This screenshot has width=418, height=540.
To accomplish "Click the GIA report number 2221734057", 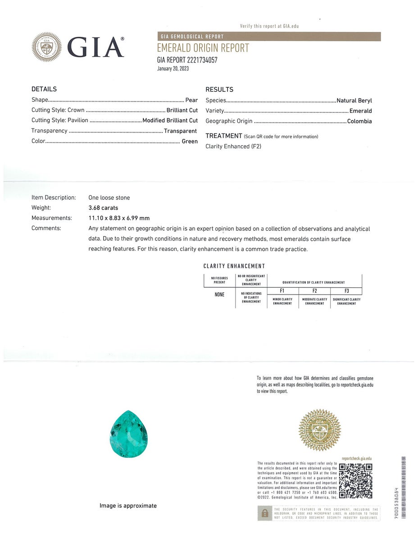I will pos(187,60).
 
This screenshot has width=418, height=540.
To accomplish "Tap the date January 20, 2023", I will pos(173,69).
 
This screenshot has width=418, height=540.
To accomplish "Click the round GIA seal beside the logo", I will pos(46,47).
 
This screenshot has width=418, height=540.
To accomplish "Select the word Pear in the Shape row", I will pos(191,100).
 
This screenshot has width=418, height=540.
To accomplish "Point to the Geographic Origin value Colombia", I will pos(359,121).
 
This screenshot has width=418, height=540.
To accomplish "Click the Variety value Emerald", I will pos(361,111).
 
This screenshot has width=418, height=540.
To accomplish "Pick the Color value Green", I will pos(190,141).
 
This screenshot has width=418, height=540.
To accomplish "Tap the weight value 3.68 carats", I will pos(103,208).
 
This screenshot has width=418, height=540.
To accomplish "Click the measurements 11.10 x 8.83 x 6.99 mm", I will pos(119,218).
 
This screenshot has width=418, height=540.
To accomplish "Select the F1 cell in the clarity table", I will pos(282,291).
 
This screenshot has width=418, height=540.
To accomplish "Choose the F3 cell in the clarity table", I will pos(346,291).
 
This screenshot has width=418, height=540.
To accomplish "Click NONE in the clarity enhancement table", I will pos(219,295).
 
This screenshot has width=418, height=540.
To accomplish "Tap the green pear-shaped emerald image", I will pos(129,433).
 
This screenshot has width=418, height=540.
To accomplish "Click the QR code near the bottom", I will pos(355,481).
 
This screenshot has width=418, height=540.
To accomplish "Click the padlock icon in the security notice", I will pos(265,513).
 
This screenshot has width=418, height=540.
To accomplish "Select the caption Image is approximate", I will pos(128,506).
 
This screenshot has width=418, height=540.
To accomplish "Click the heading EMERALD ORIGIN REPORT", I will pos(203,48).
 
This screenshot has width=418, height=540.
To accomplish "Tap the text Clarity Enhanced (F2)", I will pos(233,146).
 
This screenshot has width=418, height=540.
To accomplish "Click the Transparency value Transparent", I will pos(180,131).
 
